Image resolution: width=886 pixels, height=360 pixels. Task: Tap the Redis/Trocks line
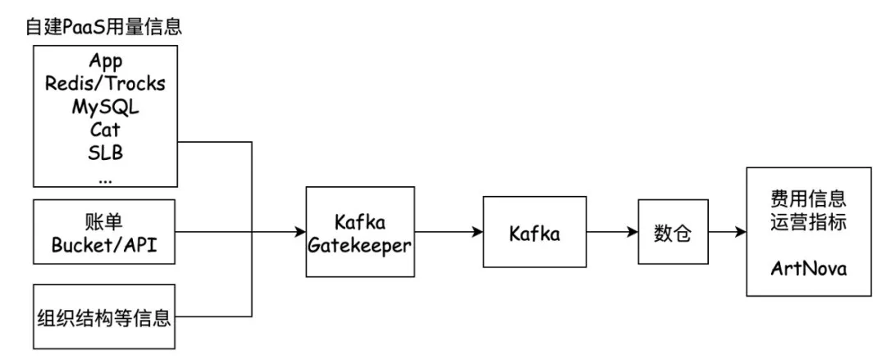click(x=105, y=84)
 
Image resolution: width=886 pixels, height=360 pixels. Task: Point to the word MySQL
click(x=105, y=107)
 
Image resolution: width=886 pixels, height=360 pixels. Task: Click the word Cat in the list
click(x=105, y=130)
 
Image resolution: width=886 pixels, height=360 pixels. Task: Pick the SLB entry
click(x=105, y=153)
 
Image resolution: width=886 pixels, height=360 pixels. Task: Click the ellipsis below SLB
click(x=105, y=176)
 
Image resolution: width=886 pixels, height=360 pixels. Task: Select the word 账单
click(x=105, y=222)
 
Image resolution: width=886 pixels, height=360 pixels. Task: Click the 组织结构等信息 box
click(x=105, y=317)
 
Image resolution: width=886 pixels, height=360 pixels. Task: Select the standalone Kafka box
click(x=533, y=233)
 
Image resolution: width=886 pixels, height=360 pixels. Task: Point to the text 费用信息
click(x=808, y=199)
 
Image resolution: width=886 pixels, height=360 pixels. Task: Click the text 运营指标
click(x=808, y=221)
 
